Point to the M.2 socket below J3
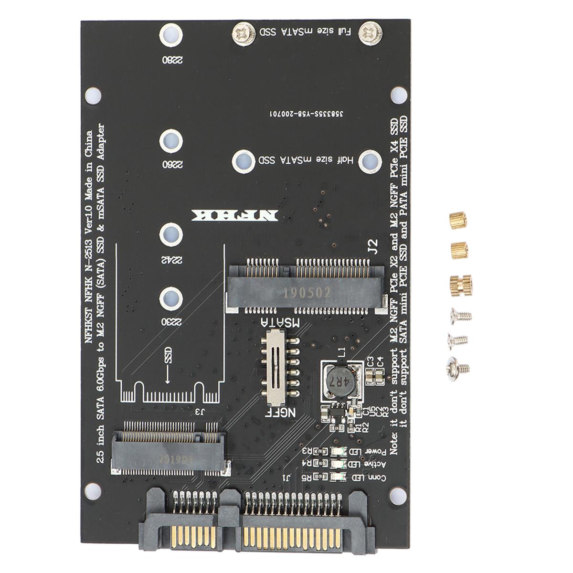[x=170, y=447]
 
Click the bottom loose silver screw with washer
[x=457, y=367]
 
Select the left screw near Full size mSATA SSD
[x=243, y=33]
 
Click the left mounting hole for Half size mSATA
[x=243, y=161]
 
